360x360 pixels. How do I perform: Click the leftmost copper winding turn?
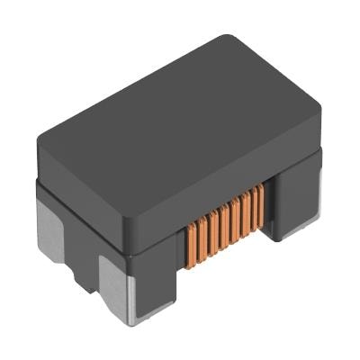(x=191, y=240)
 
